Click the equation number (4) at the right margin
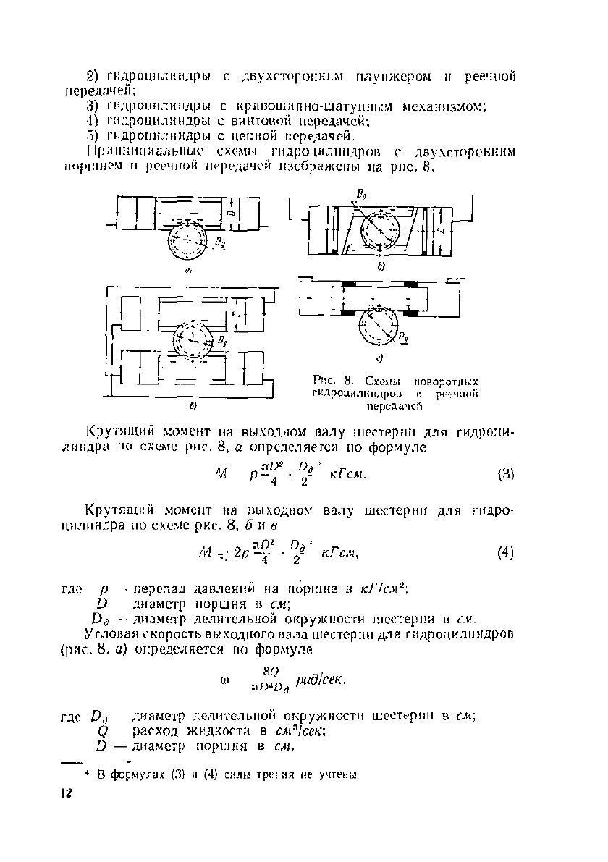(x=505, y=554)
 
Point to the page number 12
(x=68, y=794)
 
